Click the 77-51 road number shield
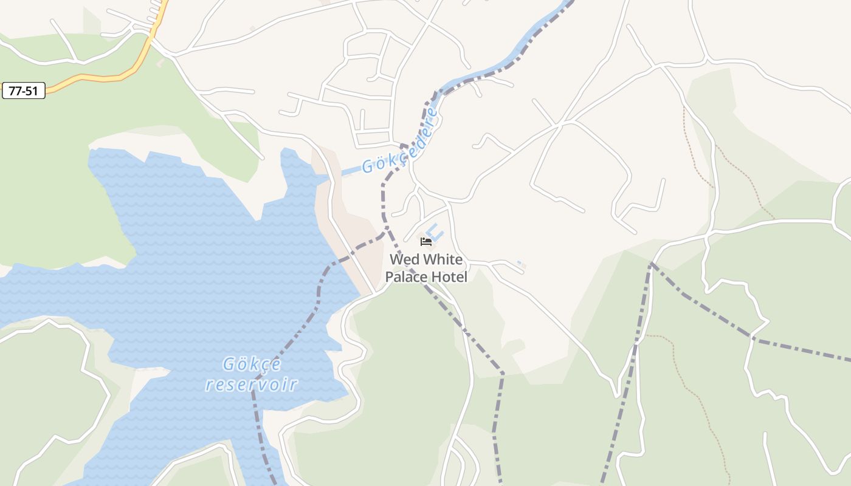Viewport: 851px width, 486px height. coord(24,91)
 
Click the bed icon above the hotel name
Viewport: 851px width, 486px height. coord(426,242)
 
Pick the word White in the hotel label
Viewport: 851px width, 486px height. coord(443,259)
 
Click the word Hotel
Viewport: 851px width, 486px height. coord(449,277)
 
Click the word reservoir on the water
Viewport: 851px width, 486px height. coord(252,385)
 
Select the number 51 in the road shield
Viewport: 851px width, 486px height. coord(33,91)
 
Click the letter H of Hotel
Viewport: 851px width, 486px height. coord(436,277)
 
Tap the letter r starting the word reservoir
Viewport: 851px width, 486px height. coord(210,385)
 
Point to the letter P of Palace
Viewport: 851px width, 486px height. coord(390,277)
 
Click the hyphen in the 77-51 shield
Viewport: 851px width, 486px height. coord(24,91)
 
